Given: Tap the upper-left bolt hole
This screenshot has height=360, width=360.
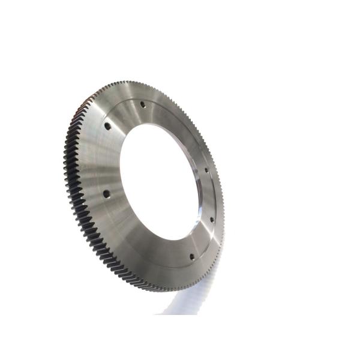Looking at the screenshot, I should tap(107, 127).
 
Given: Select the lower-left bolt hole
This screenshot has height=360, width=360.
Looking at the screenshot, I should tap(106, 194).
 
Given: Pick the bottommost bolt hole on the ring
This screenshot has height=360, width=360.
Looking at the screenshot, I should tap(191, 256).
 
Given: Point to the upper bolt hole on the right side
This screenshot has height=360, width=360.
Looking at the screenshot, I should tap(206, 170).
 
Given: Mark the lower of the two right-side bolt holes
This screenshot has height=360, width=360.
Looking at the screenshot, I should tap(211, 220).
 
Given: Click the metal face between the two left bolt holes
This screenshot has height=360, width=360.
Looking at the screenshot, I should tap(102, 161).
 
